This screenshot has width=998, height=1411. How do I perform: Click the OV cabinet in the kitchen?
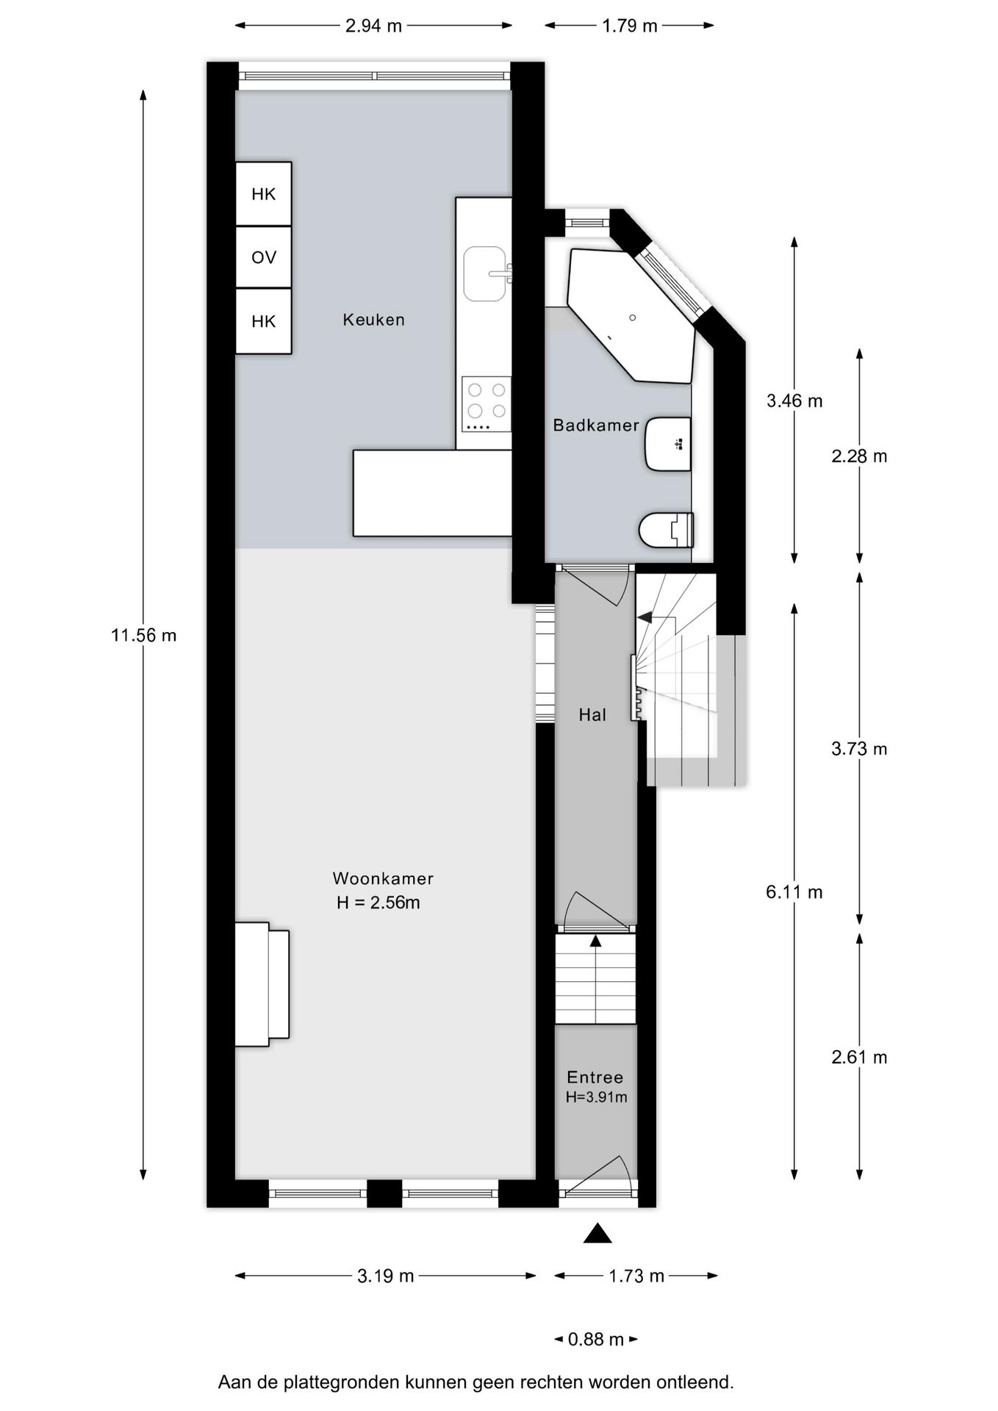[263, 257]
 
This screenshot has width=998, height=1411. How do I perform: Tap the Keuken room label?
[373, 320]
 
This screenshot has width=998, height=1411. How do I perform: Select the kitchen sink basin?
[485, 273]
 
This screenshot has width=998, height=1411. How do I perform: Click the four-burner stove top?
[486, 403]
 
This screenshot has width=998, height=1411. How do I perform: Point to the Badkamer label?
[595, 426]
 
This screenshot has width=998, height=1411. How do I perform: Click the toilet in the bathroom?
[665, 529]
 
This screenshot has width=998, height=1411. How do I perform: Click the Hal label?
[592, 715]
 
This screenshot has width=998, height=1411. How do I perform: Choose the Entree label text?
[595, 1077]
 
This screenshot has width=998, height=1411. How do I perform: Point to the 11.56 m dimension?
[144, 635]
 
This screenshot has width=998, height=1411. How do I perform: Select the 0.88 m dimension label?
[595, 1339]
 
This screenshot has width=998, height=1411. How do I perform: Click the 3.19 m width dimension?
[385, 1276]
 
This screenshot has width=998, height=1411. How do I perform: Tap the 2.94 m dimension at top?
[373, 26]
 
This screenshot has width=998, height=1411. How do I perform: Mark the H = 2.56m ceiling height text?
[378, 902]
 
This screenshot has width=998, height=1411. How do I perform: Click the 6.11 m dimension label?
[794, 892]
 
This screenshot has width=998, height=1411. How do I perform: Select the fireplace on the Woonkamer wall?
[262, 984]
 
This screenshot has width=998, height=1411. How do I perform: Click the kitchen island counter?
[431, 492]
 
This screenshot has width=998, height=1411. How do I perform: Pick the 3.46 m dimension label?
[794, 401]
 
